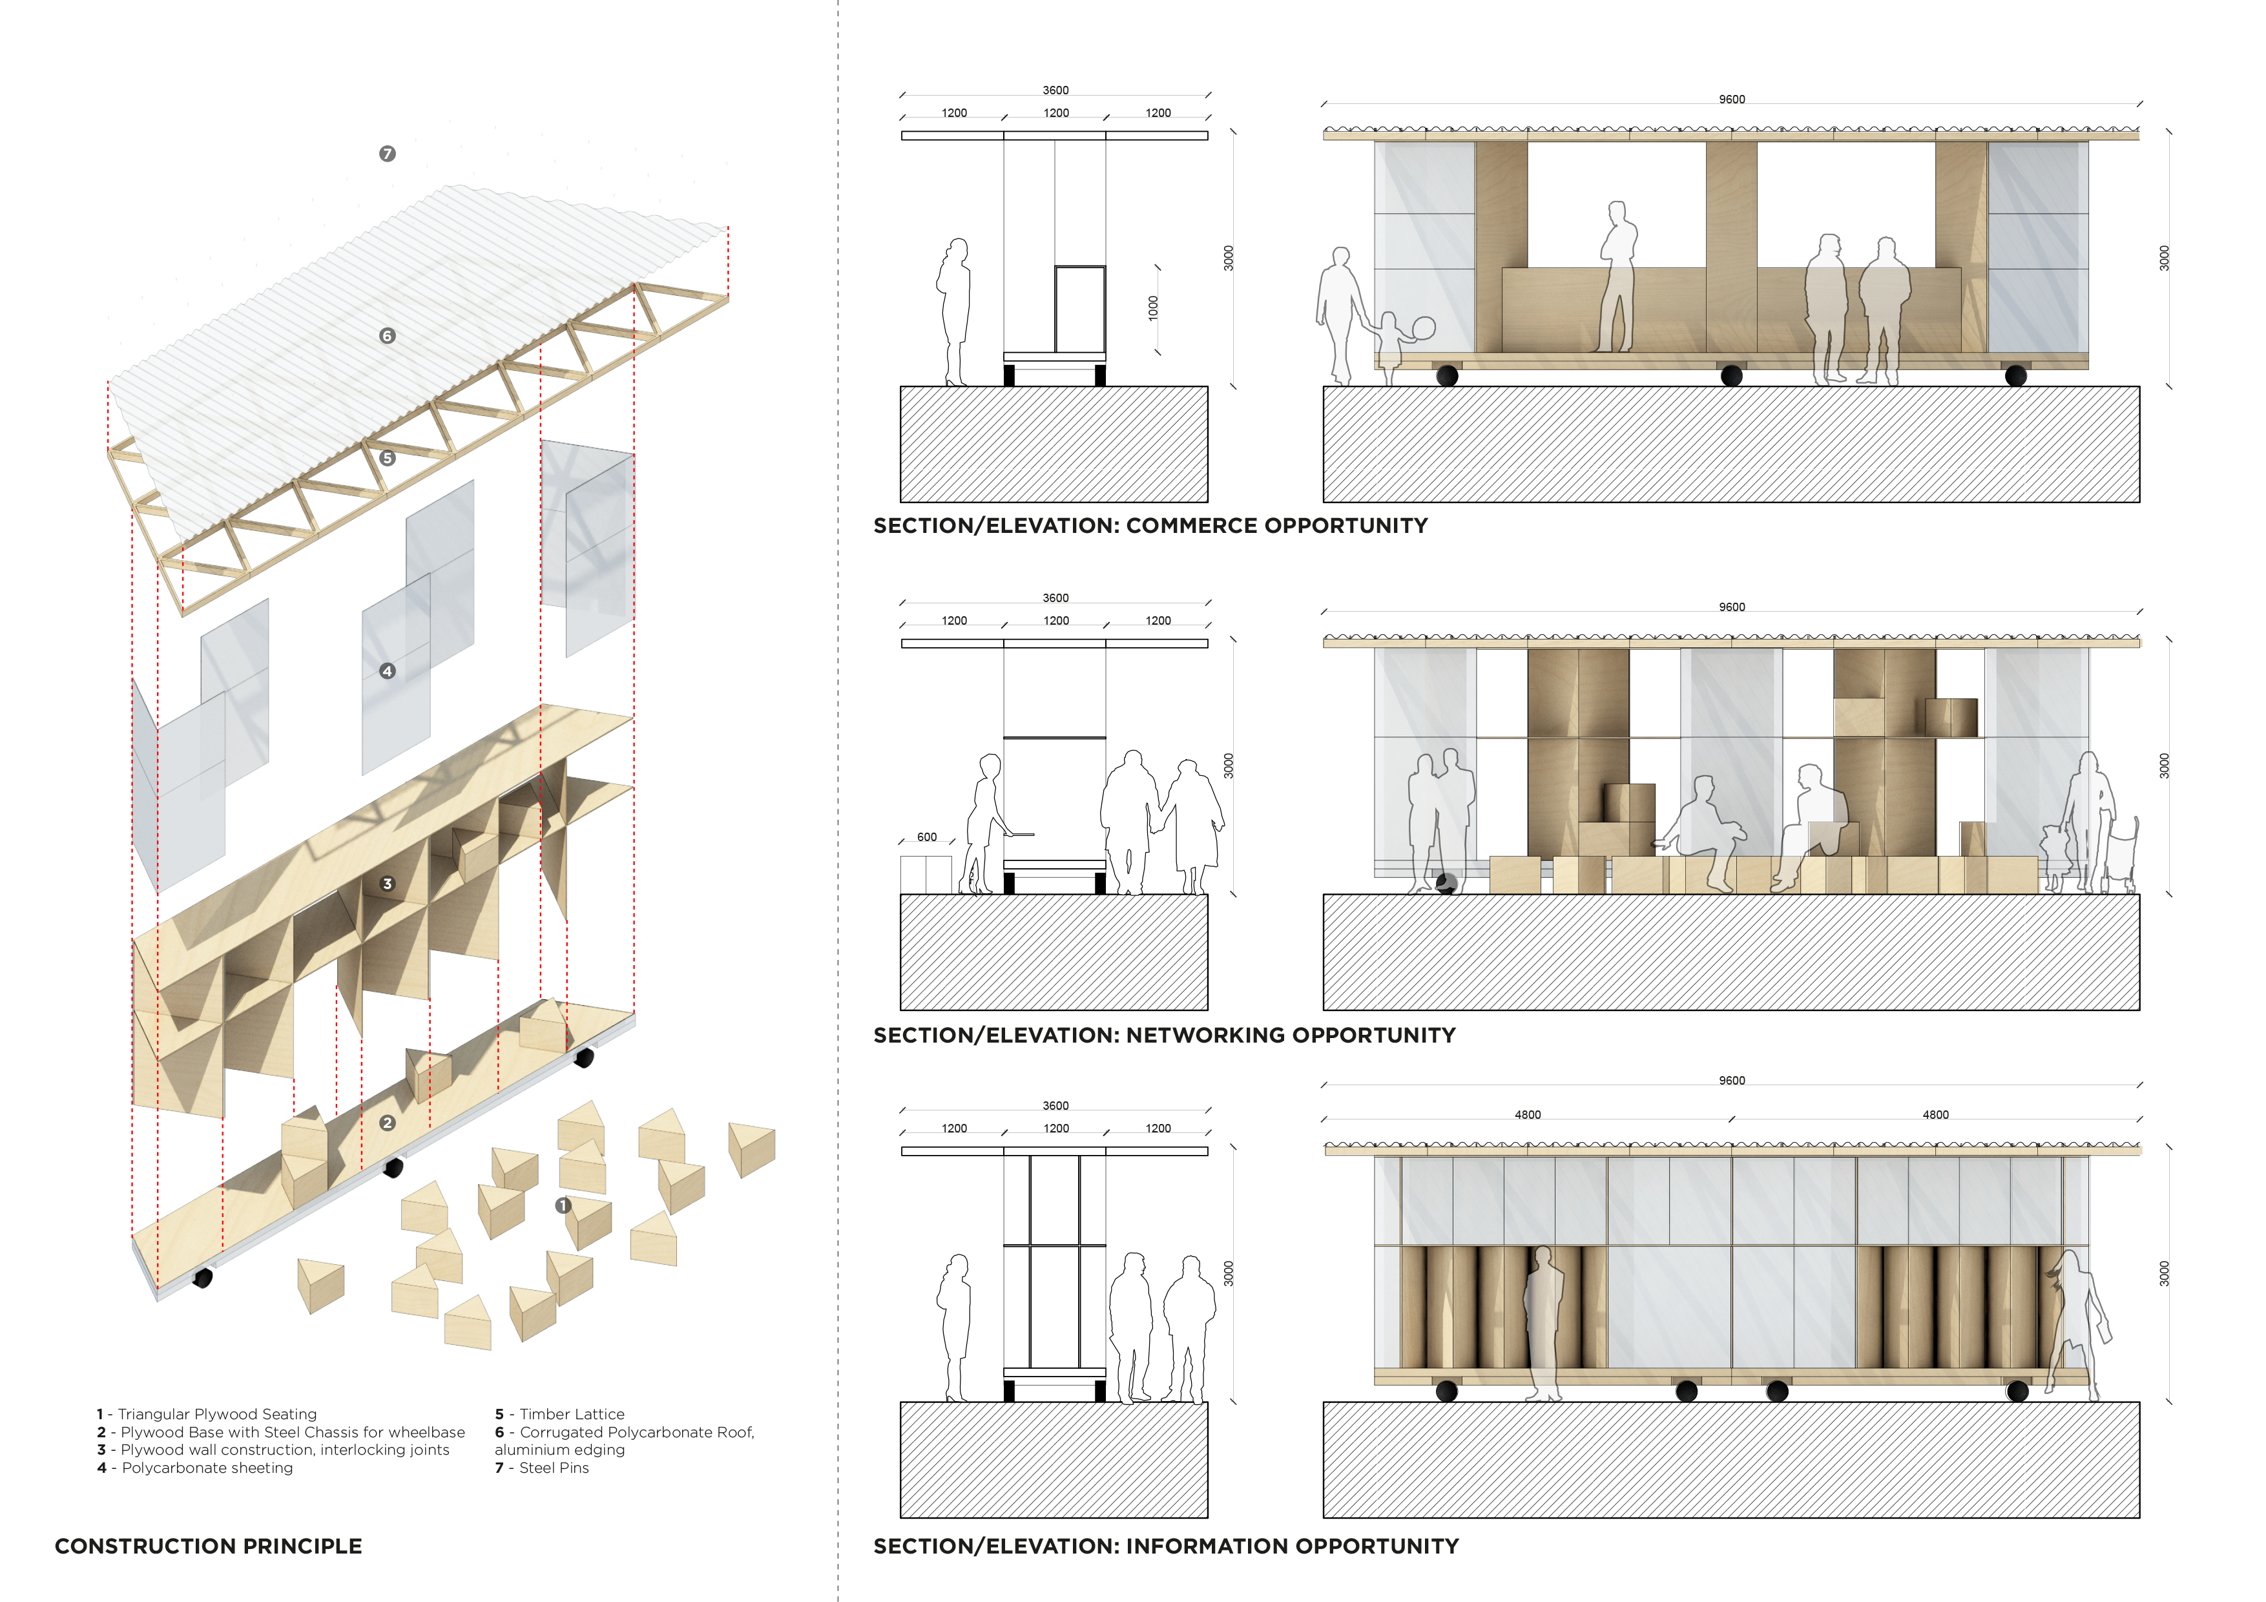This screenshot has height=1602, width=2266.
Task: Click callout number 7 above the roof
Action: click(x=387, y=154)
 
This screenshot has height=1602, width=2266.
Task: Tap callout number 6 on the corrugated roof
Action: click(x=387, y=336)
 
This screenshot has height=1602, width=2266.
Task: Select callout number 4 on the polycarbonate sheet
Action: click(x=387, y=671)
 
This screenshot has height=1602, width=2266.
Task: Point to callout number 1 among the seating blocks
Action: click(x=563, y=1205)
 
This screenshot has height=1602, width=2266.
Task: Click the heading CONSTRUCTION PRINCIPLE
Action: click(x=208, y=1546)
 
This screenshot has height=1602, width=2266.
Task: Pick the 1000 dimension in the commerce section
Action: click(x=1153, y=308)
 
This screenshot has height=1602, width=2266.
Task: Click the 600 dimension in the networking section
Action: click(x=927, y=837)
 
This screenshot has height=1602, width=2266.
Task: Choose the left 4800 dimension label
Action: click(x=1527, y=1114)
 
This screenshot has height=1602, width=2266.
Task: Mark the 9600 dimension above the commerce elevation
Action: click(x=1731, y=99)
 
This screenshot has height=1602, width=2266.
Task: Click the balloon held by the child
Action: click(x=1424, y=328)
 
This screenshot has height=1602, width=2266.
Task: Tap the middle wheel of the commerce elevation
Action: click(x=1731, y=376)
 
